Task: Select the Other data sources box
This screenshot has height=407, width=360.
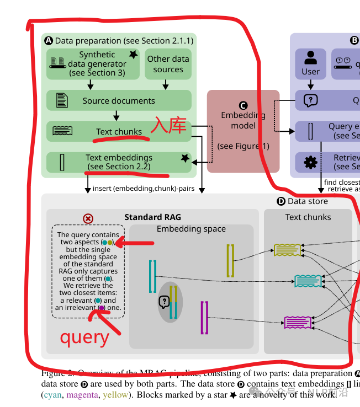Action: (168, 64)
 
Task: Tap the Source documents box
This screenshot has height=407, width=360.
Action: (119, 100)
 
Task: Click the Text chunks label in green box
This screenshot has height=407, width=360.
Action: (119, 131)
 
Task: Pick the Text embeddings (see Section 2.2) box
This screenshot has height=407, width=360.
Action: (119, 162)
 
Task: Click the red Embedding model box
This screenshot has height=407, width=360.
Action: (243, 131)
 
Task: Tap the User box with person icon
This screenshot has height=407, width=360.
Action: (310, 63)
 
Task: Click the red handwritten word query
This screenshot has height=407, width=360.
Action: (84, 336)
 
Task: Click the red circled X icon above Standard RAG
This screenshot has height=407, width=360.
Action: (88, 218)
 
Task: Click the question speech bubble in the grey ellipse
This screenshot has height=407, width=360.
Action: (164, 302)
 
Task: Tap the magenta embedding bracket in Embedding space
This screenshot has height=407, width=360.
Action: (204, 318)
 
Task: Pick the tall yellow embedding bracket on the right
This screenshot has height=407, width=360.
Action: (231, 260)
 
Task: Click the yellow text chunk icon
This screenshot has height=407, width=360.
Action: (288, 250)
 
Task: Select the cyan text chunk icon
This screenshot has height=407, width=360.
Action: (308, 281)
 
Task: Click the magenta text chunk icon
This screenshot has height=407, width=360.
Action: (298, 322)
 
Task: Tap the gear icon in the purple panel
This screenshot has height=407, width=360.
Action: (310, 162)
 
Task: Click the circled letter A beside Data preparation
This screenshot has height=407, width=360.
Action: (48, 40)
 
